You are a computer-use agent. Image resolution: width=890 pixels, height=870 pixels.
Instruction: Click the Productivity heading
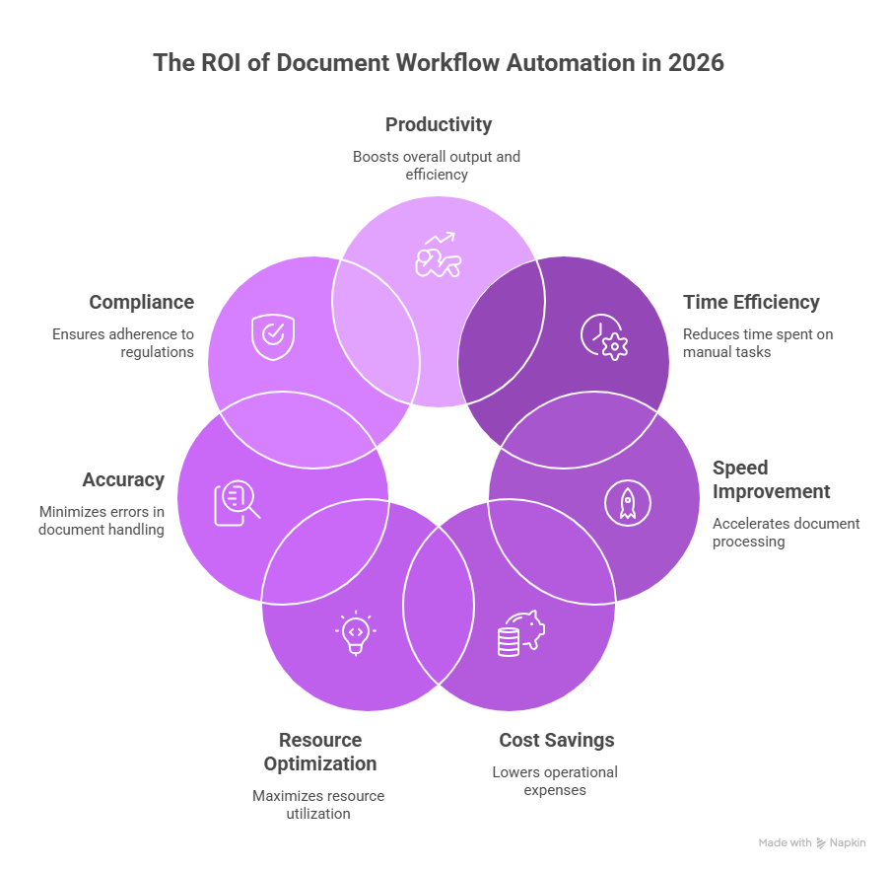438,125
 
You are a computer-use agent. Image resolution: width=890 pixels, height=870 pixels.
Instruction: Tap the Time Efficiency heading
751,303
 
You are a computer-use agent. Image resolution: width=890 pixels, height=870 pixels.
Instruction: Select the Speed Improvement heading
771,479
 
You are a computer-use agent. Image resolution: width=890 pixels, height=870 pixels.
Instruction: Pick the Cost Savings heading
556,740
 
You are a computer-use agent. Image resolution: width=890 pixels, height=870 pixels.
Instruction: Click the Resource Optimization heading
319,752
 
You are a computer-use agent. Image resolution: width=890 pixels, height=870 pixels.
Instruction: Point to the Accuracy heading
123,480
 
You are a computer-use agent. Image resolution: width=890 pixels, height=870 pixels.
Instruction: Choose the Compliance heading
141,303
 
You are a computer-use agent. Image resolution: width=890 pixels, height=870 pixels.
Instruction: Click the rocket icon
627,503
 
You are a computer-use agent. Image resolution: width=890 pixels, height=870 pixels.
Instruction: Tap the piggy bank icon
520,631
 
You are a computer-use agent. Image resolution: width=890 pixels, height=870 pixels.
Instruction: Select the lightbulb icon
356,632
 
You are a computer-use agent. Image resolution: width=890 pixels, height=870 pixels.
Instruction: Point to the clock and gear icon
603,336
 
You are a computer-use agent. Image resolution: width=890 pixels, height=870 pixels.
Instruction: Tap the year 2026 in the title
696,63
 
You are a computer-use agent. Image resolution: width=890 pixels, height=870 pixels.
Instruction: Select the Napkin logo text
848,843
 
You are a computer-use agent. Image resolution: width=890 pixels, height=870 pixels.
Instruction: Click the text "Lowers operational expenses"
555,780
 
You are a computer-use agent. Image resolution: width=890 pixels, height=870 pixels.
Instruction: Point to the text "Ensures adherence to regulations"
123,342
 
